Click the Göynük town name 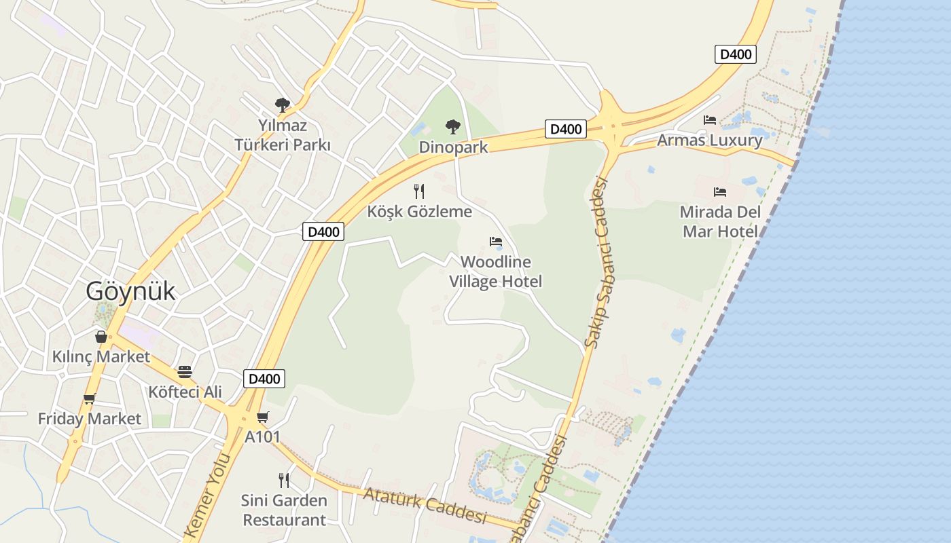130,291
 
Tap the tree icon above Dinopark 452,126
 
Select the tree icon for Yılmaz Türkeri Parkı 283,105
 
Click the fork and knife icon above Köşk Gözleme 419,191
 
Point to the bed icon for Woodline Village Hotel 496,242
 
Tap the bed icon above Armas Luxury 710,120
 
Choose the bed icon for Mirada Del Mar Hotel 720,192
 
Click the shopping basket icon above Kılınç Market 101,337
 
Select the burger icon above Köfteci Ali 185,372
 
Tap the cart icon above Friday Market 89,399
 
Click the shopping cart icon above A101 263,417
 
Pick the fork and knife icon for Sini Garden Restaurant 284,481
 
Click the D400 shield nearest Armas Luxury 735,54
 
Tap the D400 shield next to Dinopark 565,129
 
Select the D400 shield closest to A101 264,379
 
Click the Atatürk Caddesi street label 425,505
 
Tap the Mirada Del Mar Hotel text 720,221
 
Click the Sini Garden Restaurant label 284,510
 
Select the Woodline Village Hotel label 495,271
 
